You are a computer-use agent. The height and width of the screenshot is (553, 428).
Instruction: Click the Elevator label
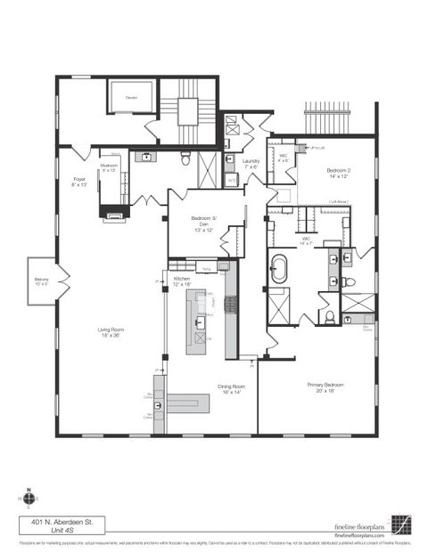(130, 95)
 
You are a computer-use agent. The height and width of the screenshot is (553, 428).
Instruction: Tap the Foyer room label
(79, 181)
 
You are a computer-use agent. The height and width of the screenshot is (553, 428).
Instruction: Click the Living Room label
(111, 333)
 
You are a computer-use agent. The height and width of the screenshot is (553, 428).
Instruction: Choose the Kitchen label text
(182, 281)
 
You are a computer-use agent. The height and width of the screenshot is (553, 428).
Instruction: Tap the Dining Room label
(232, 389)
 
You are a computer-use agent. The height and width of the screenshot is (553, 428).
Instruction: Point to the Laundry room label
(251, 164)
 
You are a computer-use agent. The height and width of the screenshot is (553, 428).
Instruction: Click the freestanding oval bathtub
(279, 269)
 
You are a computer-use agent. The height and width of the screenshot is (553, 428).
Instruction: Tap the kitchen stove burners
(230, 305)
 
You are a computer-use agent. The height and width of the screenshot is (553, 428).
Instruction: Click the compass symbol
(29, 500)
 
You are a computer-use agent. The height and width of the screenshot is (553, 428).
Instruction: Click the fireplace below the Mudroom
(114, 212)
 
